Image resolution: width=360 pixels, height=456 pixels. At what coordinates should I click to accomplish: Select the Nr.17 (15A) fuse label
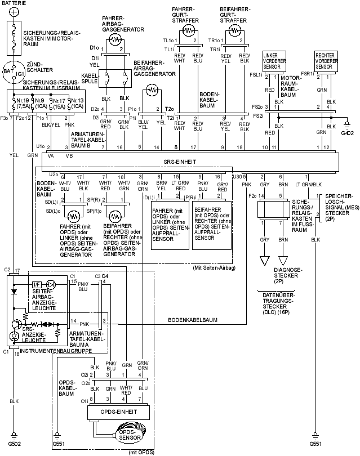pos(57,102)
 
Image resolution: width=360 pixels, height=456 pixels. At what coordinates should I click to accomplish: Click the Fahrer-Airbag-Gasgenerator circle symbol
pos(115,39)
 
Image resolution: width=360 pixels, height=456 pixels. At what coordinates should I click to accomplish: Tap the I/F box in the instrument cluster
pos(37,284)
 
